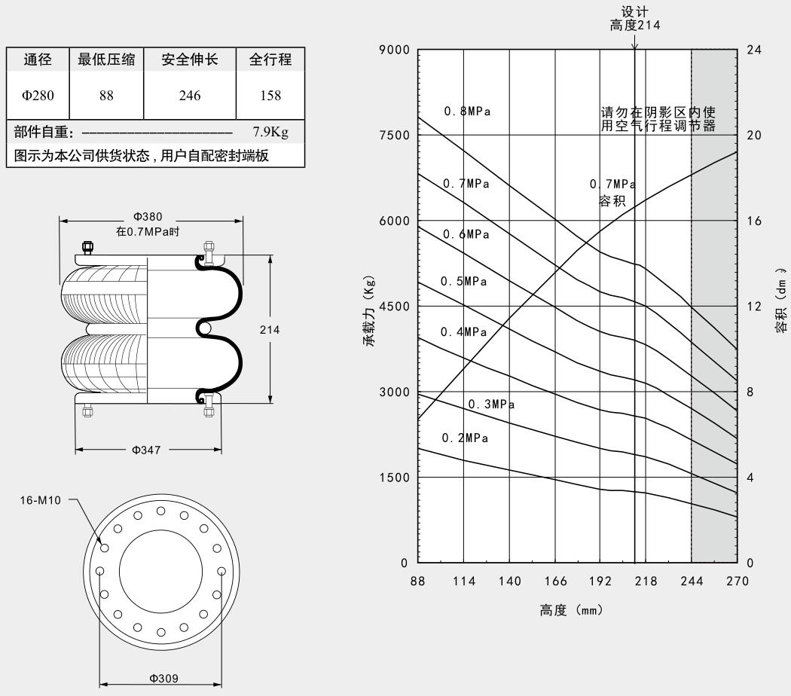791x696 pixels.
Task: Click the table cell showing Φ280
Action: (x=37, y=95)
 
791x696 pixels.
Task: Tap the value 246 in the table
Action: (x=189, y=95)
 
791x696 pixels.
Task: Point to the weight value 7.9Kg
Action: (x=270, y=133)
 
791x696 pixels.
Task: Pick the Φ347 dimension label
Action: (x=148, y=450)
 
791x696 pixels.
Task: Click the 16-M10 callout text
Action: (x=40, y=499)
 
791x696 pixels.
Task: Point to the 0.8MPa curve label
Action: (x=467, y=111)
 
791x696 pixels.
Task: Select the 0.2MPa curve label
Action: (x=465, y=438)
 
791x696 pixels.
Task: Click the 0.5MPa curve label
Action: (x=464, y=282)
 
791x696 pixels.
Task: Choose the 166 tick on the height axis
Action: (x=555, y=581)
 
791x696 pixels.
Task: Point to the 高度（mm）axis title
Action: (x=571, y=610)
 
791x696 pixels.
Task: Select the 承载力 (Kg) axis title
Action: (x=369, y=311)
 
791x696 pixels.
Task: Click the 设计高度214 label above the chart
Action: (x=635, y=19)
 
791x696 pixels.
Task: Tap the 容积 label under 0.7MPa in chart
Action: (x=611, y=201)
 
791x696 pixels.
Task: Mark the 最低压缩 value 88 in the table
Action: (x=106, y=95)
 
